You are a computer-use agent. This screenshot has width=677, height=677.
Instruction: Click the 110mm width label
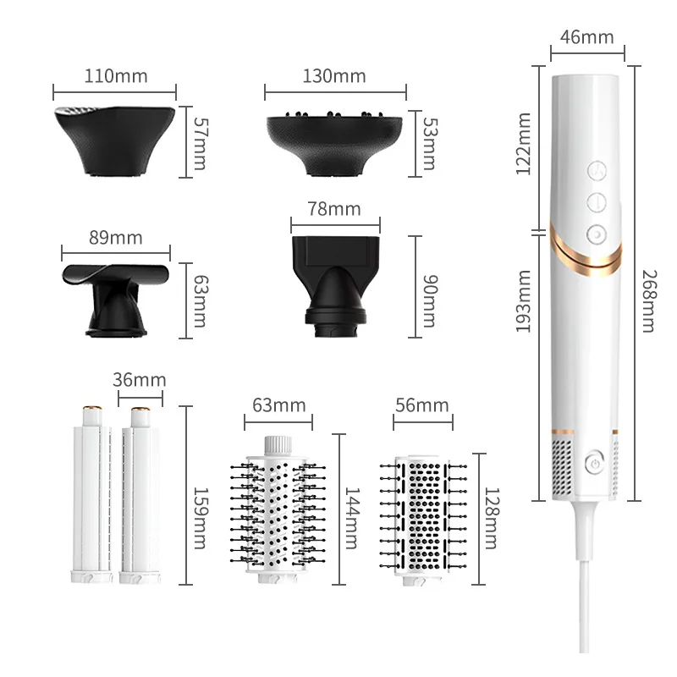tap(116, 76)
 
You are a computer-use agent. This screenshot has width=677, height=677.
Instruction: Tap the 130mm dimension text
tap(334, 76)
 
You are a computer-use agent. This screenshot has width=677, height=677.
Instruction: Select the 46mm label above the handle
tap(586, 36)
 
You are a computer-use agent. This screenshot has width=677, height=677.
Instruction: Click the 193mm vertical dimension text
tap(524, 301)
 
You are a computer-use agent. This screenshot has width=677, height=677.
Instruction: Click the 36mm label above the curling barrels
tap(140, 380)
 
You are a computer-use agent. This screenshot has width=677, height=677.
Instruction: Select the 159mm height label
tap(200, 518)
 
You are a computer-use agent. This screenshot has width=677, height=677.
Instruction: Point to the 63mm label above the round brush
tap(279, 405)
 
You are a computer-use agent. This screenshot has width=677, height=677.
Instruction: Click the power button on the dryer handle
tap(594, 463)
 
